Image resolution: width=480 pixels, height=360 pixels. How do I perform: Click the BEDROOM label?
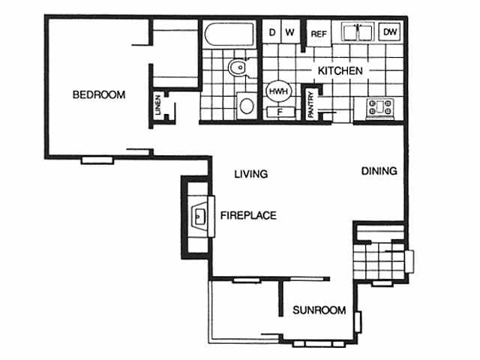(98, 94)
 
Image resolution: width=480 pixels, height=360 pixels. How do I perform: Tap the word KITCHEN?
(340, 70)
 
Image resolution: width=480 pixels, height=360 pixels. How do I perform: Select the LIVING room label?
(250, 174)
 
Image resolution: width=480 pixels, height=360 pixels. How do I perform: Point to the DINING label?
(379, 171)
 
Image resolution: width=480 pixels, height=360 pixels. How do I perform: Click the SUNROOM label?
(319, 310)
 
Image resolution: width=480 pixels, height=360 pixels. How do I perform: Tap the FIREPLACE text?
(248, 215)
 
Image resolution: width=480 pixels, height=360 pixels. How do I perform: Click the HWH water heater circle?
(277, 91)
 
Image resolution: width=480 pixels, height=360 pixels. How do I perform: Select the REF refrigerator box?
(318, 34)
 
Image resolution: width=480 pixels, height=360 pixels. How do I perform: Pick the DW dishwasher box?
(390, 32)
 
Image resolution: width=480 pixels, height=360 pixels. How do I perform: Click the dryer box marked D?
(271, 33)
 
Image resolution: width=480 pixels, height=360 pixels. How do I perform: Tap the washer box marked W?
(289, 33)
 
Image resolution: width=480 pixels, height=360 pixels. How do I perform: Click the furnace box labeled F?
(279, 112)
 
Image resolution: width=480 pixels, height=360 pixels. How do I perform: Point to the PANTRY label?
(311, 104)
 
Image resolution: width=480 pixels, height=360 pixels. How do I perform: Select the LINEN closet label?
(157, 105)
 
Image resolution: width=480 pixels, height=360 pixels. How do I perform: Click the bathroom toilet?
(238, 68)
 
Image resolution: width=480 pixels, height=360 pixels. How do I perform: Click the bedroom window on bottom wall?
(97, 159)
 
